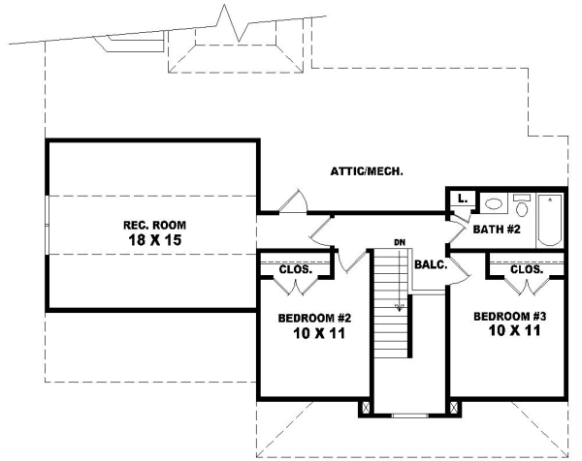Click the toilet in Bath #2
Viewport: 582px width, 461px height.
[521, 206]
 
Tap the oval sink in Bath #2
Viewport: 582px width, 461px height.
[493, 205]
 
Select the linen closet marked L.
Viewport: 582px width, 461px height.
[463, 199]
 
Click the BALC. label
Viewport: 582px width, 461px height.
[429, 263]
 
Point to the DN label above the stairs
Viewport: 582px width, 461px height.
[399, 240]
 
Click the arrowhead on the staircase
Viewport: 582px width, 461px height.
[398, 308]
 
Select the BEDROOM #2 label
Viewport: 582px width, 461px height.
[312, 319]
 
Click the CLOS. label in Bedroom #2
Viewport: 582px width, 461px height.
[295, 269]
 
